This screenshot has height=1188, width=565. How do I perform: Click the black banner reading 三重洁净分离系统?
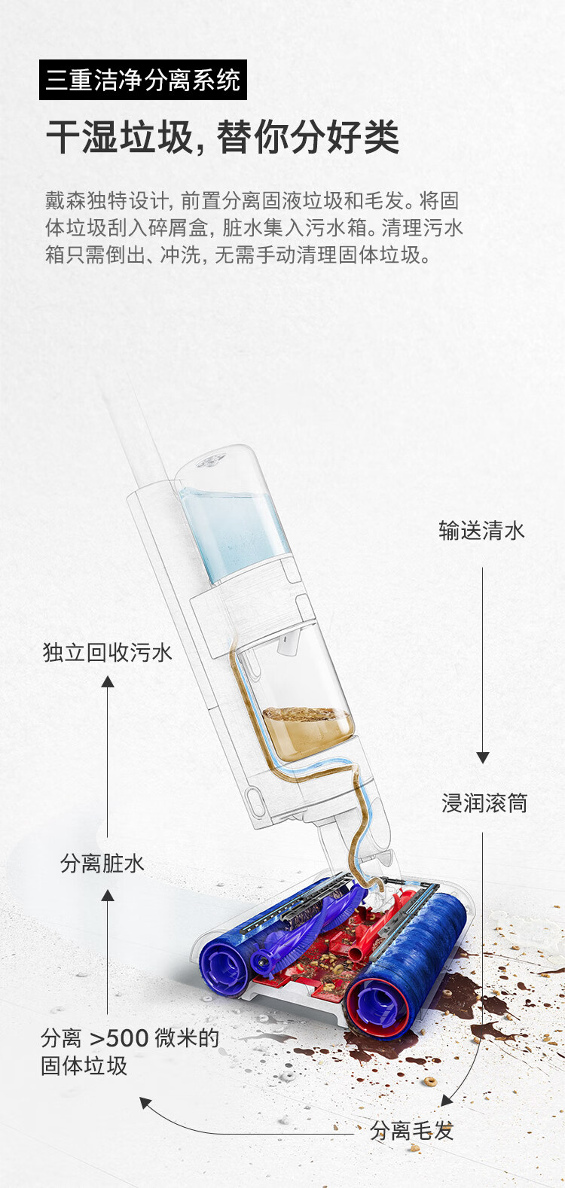(142, 81)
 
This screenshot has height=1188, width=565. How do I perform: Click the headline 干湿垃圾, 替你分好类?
(222, 138)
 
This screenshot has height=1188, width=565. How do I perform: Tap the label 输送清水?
(481, 531)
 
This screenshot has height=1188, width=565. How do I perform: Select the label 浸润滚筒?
(484, 803)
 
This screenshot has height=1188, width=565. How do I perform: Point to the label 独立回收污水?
(107, 652)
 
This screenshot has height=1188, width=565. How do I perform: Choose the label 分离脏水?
(102, 863)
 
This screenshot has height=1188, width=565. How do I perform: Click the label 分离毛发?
(411, 1130)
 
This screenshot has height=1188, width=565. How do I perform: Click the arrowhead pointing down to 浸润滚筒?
(483, 757)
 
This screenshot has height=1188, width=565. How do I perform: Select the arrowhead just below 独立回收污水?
(108, 681)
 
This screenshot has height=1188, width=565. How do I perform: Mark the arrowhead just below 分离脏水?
(108, 895)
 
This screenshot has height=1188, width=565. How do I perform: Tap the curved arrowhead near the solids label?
(145, 1104)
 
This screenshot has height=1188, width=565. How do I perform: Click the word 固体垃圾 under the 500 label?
(84, 1066)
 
